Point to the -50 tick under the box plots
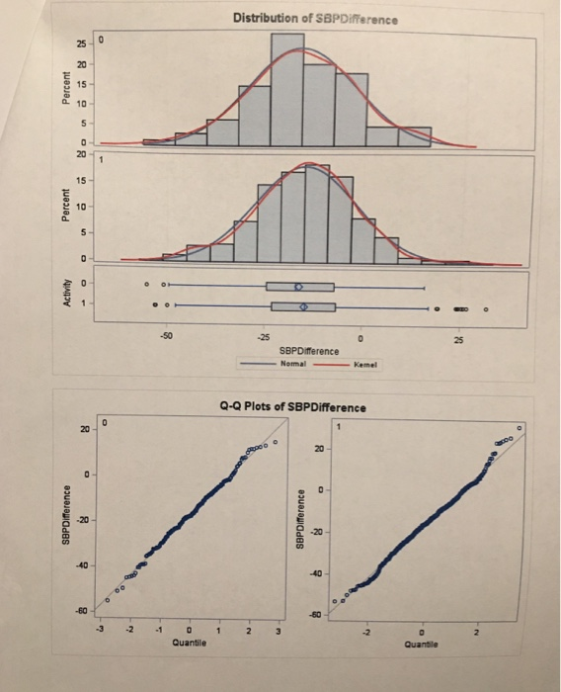[167, 337]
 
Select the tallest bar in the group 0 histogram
[287, 90]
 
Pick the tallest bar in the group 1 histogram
[315, 214]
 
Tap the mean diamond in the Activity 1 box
[304, 307]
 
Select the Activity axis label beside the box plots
[68, 297]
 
